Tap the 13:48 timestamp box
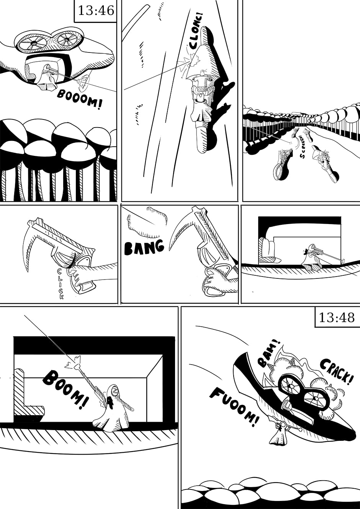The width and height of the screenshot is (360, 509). click(x=337, y=318)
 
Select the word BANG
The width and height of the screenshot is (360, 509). click(x=144, y=247)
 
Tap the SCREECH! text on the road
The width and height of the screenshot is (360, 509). click(x=302, y=147)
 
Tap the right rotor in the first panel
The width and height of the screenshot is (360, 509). click(x=66, y=39)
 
